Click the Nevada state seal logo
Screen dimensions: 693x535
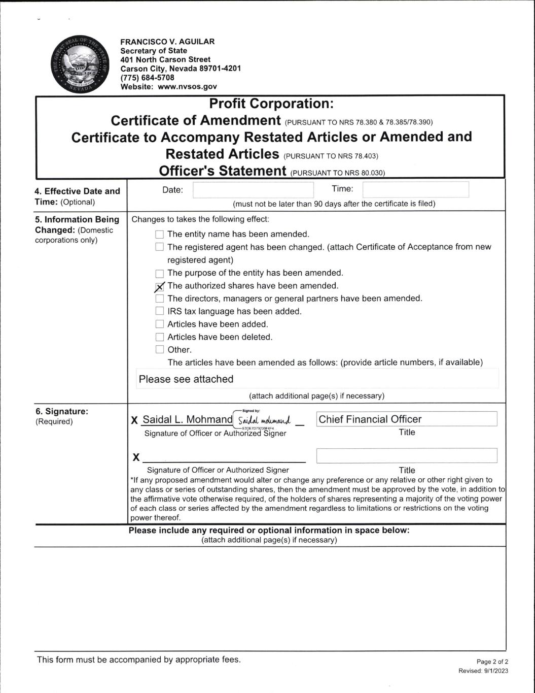(80, 64)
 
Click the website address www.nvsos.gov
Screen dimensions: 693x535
(187, 87)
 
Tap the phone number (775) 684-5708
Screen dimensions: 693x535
(147, 78)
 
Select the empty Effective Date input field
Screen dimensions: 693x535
(253, 190)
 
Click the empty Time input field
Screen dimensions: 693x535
(415, 190)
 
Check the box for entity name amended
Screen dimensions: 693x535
(160, 235)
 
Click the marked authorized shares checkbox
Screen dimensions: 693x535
(160, 287)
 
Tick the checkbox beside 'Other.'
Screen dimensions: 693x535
(160, 350)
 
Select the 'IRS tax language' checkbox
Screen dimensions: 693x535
(160, 311)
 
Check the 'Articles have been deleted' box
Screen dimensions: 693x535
(160, 337)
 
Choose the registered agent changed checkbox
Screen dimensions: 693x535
(160, 247)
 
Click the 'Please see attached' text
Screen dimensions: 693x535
(186, 379)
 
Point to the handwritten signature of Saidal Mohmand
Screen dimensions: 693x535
(264, 420)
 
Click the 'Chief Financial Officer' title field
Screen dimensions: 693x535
(406, 419)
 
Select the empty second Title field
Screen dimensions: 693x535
(406, 456)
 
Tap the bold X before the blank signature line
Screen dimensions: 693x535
(136, 457)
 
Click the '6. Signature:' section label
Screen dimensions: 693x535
(61, 411)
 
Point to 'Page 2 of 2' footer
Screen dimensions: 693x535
(492, 662)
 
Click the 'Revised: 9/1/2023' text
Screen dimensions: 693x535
(483, 671)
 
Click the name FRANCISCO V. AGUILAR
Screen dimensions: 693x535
(167, 42)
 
